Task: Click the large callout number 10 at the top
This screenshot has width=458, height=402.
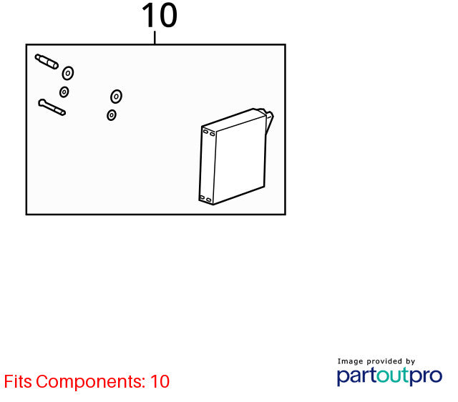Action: (x=160, y=16)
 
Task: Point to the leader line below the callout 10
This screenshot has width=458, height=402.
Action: (x=155, y=37)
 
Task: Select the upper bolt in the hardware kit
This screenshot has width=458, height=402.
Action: (x=47, y=62)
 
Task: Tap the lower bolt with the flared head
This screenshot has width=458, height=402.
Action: (x=52, y=107)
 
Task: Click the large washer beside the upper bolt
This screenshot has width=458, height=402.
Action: (x=68, y=73)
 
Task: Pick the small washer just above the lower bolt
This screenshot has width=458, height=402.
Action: (x=64, y=92)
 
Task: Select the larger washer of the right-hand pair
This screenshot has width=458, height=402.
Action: (x=116, y=97)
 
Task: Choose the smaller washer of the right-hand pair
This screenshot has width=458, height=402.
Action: (x=112, y=115)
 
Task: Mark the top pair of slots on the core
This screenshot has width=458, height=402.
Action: (x=209, y=133)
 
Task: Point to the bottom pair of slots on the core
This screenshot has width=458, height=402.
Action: (x=205, y=199)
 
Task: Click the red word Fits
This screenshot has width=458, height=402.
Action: (x=18, y=381)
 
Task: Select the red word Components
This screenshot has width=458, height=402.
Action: (x=91, y=381)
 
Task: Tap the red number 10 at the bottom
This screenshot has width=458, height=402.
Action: (x=160, y=381)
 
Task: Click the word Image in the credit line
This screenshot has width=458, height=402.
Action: (x=350, y=361)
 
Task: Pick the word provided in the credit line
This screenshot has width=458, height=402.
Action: (x=384, y=361)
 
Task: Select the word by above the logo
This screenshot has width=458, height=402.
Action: (x=410, y=361)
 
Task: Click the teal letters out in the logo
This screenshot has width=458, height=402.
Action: (x=393, y=375)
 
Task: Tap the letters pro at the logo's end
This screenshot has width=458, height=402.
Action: (x=427, y=377)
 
